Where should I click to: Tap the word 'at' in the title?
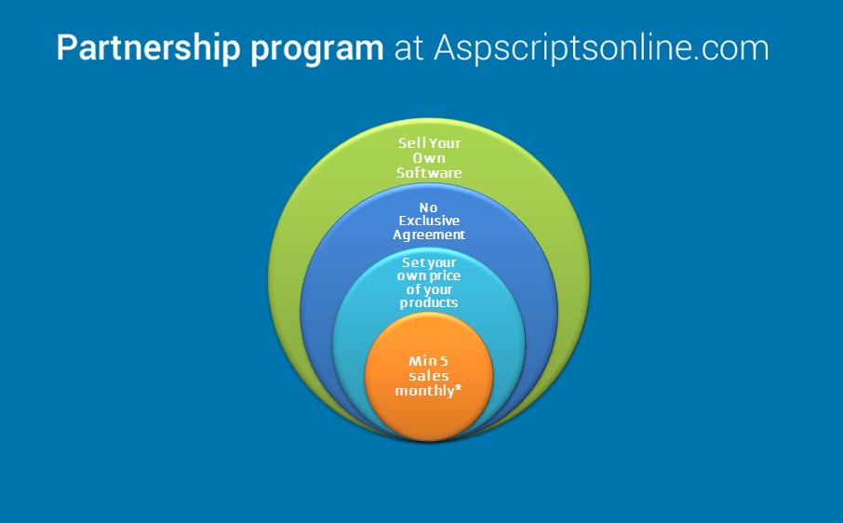pyautogui.click(x=408, y=48)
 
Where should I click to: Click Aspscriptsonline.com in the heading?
pyautogui.click(x=601, y=48)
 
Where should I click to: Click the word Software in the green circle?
pyautogui.click(x=429, y=173)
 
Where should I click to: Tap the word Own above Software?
pyautogui.click(x=429, y=158)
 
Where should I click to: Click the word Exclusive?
pyautogui.click(x=429, y=220)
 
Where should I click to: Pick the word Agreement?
pyautogui.click(x=430, y=235)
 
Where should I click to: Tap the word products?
pyautogui.click(x=429, y=303)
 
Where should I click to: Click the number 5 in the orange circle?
pyautogui.click(x=444, y=360)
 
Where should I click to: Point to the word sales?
pyautogui.click(x=429, y=375)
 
